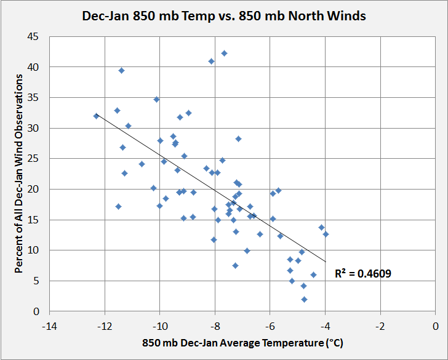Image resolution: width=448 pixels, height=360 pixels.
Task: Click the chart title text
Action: (224, 16)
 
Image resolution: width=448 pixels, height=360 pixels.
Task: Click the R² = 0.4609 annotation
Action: (363, 273)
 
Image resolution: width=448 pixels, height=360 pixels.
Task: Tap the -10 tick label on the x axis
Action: (160, 326)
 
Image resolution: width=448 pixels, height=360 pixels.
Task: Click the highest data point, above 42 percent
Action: (224, 54)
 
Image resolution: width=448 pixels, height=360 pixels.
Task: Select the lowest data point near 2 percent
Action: (304, 299)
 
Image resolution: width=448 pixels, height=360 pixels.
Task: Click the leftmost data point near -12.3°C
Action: (96, 116)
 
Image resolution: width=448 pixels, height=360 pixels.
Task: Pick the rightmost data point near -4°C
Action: (326, 234)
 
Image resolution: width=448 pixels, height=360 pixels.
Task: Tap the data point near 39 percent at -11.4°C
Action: (121, 71)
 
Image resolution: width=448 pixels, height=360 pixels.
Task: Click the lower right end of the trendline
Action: (326, 262)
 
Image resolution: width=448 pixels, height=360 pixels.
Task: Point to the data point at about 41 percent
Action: (211, 61)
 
